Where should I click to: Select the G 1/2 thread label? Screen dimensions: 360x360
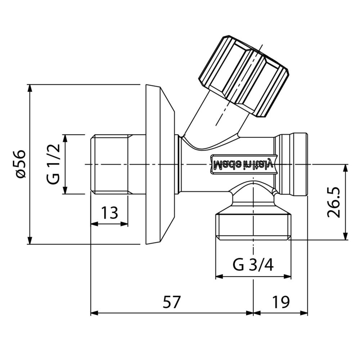[x=54, y=164]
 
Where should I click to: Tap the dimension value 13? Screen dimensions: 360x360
[x=109, y=213]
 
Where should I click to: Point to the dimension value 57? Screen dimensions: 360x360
[x=171, y=302]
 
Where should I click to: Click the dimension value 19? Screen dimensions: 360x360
[x=281, y=302]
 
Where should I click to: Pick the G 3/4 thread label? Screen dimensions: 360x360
[x=253, y=266]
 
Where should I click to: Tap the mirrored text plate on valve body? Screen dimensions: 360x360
[x=244, y=164]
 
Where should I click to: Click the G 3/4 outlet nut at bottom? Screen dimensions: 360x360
[x=253, y=225]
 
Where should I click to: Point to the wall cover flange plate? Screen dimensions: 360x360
[x=158, y=165]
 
